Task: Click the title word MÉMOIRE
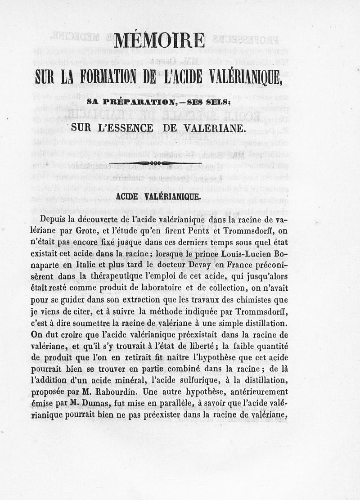pyautogui.click(x=159, y=41)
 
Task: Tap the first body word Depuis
pyautogui.click(x=54, y=219)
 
